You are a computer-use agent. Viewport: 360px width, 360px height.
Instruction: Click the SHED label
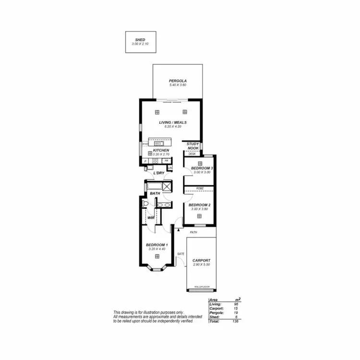tap(140, 40)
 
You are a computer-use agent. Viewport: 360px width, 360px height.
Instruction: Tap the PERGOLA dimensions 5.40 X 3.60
tap(177, 85)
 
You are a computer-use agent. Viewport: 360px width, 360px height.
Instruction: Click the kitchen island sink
tap(158, 143)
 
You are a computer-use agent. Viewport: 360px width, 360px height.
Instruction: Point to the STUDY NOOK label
tap(193, 146)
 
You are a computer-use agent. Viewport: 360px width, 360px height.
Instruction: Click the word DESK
tap(192, 154)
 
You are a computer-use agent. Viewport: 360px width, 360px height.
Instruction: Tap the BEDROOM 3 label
tap(202, 168)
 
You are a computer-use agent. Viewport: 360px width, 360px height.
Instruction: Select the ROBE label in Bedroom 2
tap(200, 189)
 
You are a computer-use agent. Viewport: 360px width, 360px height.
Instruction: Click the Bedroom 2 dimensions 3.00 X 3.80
tap(200, 209)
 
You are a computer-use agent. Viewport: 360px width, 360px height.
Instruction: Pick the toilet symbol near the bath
tap(145, 204)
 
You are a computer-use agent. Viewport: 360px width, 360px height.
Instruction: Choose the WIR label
tap(151, 217)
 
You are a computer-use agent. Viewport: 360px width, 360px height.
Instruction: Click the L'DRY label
tap(159, 173)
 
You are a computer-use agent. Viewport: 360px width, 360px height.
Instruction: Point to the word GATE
tap(181, 253)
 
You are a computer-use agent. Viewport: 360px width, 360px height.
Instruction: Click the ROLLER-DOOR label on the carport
tap(201, 287)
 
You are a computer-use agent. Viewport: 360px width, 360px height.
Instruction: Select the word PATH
tap(193, 232)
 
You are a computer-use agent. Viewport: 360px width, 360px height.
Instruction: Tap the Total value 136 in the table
tap(235, 321)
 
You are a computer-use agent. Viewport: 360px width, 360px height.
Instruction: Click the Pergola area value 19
tap(235, 312)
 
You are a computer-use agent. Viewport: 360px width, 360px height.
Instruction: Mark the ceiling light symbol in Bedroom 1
tap(156, 256)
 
